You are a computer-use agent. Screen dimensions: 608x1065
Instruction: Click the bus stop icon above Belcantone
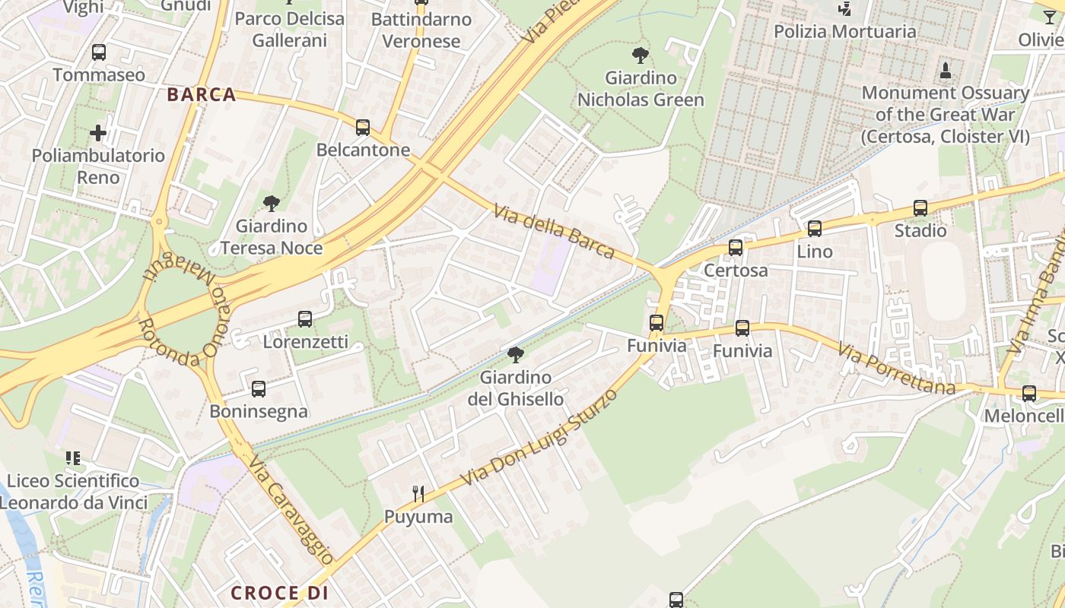363,128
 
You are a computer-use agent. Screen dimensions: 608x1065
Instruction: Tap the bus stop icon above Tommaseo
99,52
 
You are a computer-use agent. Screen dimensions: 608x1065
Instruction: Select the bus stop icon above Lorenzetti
305,319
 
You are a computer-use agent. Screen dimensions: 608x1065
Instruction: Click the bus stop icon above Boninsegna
259,389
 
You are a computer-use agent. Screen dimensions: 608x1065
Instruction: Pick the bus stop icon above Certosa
736,248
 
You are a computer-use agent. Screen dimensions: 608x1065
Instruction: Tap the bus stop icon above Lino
815,228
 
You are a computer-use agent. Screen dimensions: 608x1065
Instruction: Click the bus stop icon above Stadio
920,208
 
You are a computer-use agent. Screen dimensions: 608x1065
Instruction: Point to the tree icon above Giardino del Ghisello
516,354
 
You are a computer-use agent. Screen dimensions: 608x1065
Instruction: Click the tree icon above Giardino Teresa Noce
272,203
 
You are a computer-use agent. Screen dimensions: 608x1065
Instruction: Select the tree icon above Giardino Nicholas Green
641,55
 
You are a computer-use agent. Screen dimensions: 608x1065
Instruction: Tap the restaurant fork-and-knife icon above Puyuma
418,494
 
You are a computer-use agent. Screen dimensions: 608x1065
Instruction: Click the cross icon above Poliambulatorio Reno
98,134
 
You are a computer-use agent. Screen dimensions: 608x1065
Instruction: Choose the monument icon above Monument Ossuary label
946,71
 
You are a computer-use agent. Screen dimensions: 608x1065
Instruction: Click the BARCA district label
202,95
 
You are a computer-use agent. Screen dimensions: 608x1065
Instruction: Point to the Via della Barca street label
554,231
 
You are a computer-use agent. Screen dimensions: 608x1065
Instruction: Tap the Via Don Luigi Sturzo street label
540,439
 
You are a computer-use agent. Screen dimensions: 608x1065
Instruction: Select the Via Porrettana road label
897,369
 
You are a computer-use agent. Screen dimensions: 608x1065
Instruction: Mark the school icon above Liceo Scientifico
73,458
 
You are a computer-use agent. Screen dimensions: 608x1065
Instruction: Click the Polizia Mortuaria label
845,32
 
